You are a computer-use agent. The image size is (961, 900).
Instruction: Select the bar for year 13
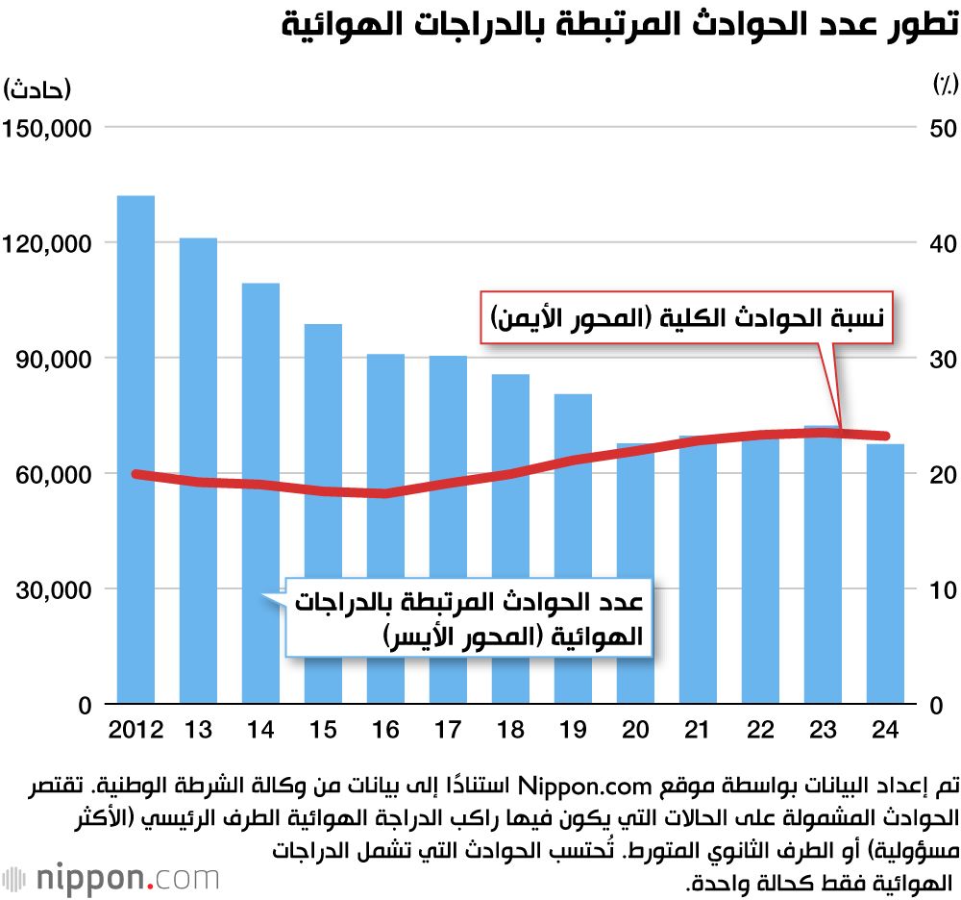pos(198,470)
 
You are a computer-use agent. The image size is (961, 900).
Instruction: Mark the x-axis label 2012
pos(136,731)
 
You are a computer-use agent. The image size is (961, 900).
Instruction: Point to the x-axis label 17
pos(448,731)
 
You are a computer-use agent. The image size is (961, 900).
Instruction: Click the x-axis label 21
pos(698,731)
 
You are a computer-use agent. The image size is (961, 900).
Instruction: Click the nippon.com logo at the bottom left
pos(111,878)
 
